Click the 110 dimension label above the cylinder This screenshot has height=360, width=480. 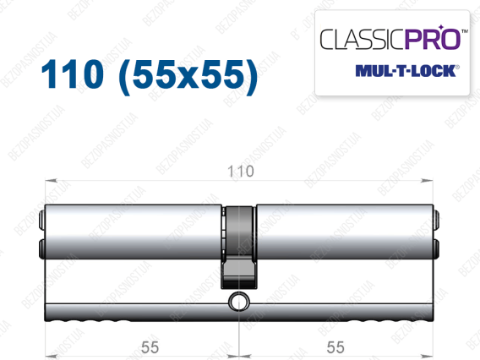tap(241, 172)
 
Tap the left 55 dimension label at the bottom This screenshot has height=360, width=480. tap(150, 347)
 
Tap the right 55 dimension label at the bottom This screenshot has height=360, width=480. tap(335, 347)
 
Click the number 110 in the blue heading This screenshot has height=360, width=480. tap(72, 74)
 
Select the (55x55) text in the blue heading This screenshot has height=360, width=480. tap(188, 77)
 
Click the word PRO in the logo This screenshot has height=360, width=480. tap(433, 39)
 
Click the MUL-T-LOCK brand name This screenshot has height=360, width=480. tap(406, 71)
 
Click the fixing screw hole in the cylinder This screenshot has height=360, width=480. tap(239, 301)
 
